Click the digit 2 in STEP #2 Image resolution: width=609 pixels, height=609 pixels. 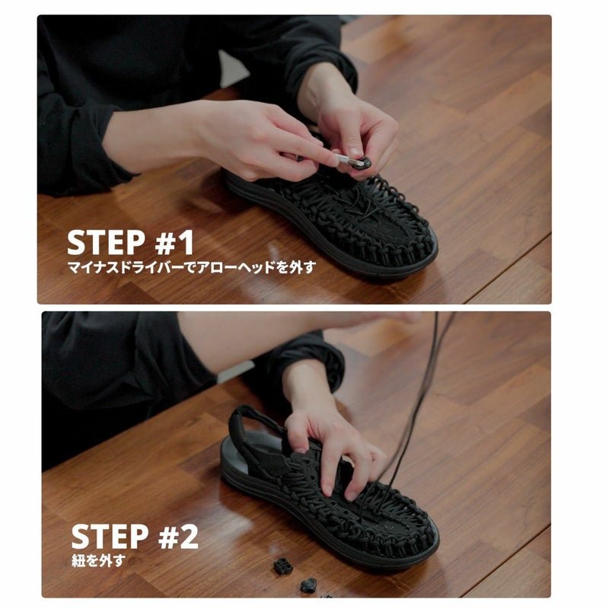tap(189, 536)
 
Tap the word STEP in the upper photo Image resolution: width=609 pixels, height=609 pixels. tap(106, 243)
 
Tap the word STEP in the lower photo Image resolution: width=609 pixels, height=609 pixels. tap(110, 536)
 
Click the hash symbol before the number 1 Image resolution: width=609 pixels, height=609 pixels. tap(166, 243)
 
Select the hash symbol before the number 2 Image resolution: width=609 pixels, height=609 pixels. tap(169, 537)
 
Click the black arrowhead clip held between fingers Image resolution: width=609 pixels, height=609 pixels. tap(360, 162)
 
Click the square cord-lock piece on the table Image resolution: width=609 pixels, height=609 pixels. tap(282, 566)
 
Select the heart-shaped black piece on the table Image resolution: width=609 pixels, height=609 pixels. tap(309, 585)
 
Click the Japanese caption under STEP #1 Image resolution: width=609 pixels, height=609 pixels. tap(192, 267)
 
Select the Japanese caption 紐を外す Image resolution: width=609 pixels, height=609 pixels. tap(99, 560)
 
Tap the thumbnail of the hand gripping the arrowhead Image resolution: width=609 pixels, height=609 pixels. tap(354, 151)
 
